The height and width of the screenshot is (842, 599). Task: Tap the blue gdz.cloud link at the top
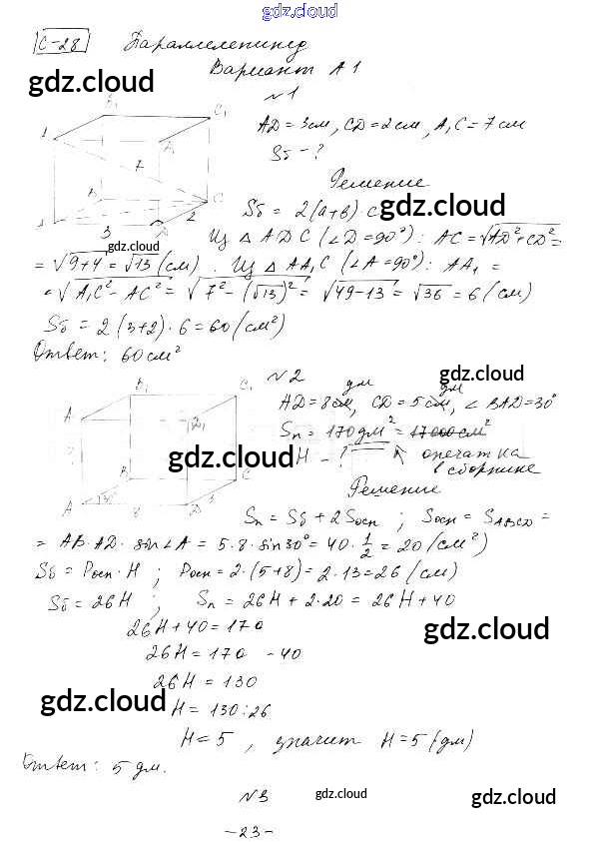[299, 11]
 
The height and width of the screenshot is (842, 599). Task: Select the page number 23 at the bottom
[250, 830]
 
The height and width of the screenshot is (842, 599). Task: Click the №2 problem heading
[289, 377]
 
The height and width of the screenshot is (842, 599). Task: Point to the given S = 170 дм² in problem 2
[329, 430]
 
